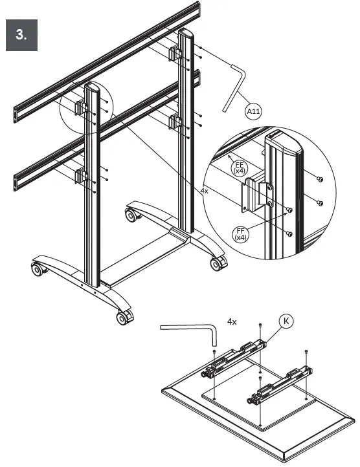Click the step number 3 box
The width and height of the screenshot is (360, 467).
(x=22, y=35)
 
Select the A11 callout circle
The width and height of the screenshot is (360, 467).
(x=254, y=111)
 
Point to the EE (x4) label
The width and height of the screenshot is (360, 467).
(x=239, y=168)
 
